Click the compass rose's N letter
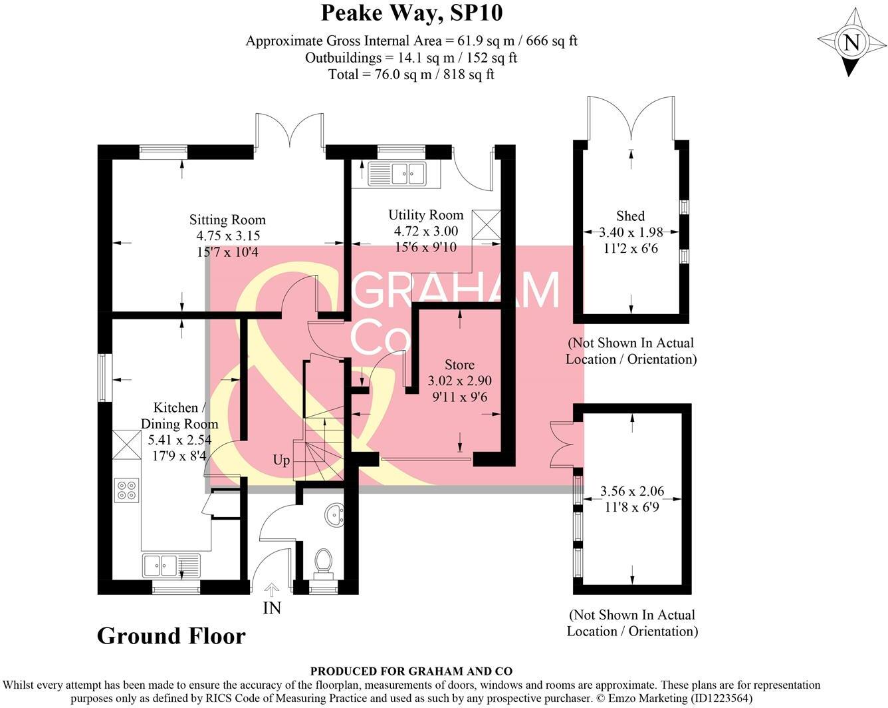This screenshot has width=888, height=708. [x=851, y=43]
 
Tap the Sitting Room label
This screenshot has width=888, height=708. [x=227, y=220]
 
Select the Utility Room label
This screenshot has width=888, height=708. [x=425, y=215]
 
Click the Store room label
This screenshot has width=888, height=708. [x=459, y=365]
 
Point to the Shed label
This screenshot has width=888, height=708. [x=630, y=216]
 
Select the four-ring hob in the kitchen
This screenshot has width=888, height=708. [x=126, y=490]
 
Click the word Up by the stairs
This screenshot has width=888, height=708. [x=281, y=460]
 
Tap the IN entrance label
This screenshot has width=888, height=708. [x=272, y=608]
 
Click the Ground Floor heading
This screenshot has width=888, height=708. [x=171, y=635]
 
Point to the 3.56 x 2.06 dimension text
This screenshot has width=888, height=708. [x=632, y=491]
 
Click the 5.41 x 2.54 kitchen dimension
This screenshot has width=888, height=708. [x=179, y=439]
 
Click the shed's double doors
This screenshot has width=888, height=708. [x=631, y=120]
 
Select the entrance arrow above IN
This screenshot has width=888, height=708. [x=272, y=589]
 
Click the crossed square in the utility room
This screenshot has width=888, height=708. [x=485, y=224]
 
